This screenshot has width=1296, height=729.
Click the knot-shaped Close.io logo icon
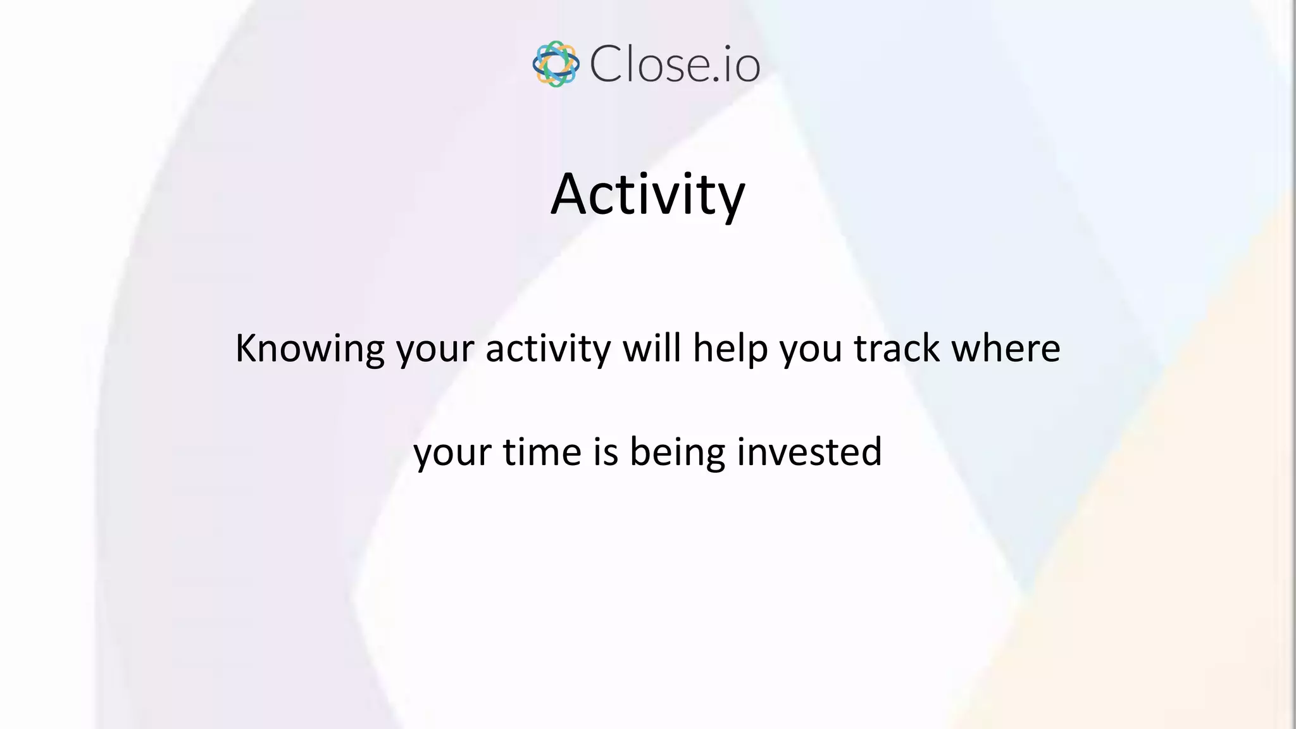tap(556, 64)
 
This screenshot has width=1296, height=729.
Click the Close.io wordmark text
tap(675, 64)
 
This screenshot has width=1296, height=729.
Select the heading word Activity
tap(648, 194)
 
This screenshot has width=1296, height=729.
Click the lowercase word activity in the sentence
tap(548, 349)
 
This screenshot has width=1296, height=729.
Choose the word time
tap(542, 452)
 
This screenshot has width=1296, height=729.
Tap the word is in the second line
tap(606, 452)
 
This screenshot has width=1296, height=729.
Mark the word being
tap(678, 453)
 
